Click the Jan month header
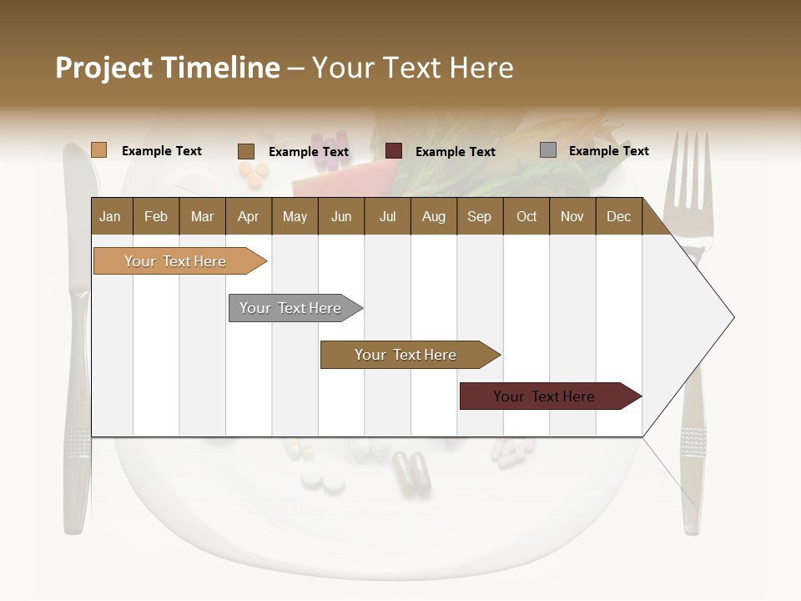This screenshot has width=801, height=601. pyautogui.click(x=110, y=216)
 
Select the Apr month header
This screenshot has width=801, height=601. pyautogui.click(x=248, y=216)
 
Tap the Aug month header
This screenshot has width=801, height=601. pyautogui.click(x=433, y=216)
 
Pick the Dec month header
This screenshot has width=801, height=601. pyautogui.click(x=618, y=216)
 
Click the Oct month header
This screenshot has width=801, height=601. pyautogui.click(x=526, y=216)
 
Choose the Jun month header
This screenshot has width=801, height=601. pyautogui.click(x=340, y=216)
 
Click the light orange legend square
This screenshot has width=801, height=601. pyautogui.click(x=98, y=150)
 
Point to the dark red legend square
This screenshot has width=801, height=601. pyautogui.click(x=394, y=151)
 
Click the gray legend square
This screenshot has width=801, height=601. pyautogui.click(x=547, y=150)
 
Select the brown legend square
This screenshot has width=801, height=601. pyautogui.click(x=245, y=151)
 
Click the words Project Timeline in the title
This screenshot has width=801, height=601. pyautogui.click(x=167, y=68)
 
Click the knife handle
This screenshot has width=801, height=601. pyautogui.click(x=77, y=467)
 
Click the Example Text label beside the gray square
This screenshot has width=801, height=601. pyautogui.click(x=608, y=151)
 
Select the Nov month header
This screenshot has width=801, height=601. pyautogui.click(x=572, y=216)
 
